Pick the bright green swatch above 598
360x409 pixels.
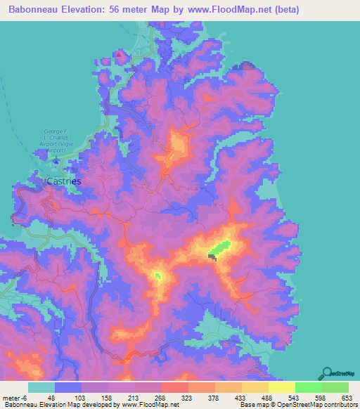(x=309, y=387)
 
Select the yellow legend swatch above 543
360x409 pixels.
(x=282, y=387)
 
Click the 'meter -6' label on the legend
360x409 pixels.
(x=15, y=398)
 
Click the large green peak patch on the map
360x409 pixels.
(x=219, y=248)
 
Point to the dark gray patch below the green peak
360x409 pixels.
(x=212, y=258)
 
